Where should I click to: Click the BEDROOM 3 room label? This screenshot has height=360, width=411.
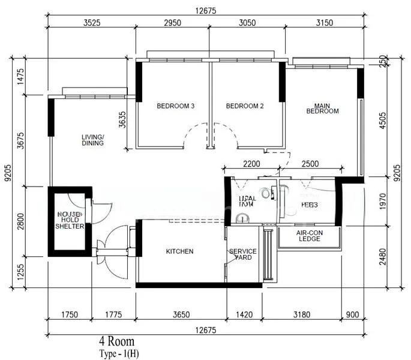point(175,106)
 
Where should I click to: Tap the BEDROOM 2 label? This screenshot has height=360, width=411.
point(245,106)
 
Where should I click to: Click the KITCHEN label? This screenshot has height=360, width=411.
point(179,251)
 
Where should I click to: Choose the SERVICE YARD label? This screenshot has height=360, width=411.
point(243,254)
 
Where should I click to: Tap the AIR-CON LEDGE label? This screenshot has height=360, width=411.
point(309,235)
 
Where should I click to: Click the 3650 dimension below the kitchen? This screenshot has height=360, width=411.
point(181,313)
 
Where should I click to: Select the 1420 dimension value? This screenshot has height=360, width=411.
point(244,313)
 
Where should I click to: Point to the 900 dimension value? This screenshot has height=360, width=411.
point(353,313)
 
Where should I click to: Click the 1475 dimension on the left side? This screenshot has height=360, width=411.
point(20,77)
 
